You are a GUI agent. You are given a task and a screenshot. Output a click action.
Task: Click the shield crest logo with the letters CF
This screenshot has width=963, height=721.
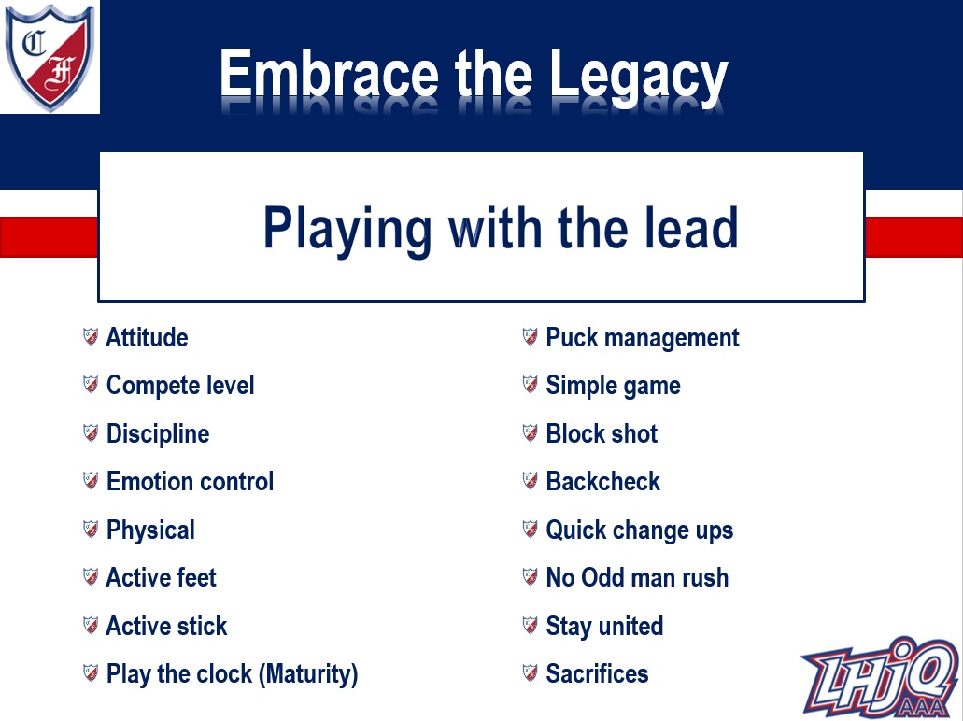click(50, 58)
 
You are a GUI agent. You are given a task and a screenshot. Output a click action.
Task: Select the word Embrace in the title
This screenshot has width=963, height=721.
click(329, 74)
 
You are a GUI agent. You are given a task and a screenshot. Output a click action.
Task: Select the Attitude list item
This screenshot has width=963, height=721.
click(147, 337)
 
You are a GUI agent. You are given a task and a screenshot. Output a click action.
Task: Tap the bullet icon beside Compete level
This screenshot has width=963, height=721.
click(91, 385)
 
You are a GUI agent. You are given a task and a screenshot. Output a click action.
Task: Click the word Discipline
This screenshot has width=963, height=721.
click(158, 433)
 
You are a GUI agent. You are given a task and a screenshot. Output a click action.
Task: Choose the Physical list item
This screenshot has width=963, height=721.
click(150, 530)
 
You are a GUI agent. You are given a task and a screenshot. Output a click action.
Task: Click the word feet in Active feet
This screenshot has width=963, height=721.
click(196, 577)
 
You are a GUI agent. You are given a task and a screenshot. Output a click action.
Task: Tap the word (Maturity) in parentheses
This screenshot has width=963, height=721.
click(308, 674)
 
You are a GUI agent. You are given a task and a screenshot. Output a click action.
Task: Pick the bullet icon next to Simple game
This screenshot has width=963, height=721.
click(530, 385)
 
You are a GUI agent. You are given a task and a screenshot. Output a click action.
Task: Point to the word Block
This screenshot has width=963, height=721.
click(574, 433)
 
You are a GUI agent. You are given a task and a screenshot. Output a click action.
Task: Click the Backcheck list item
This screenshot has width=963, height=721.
click(603, 482)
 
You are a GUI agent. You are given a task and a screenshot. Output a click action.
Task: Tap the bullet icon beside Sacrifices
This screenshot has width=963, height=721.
click(530, 672)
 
